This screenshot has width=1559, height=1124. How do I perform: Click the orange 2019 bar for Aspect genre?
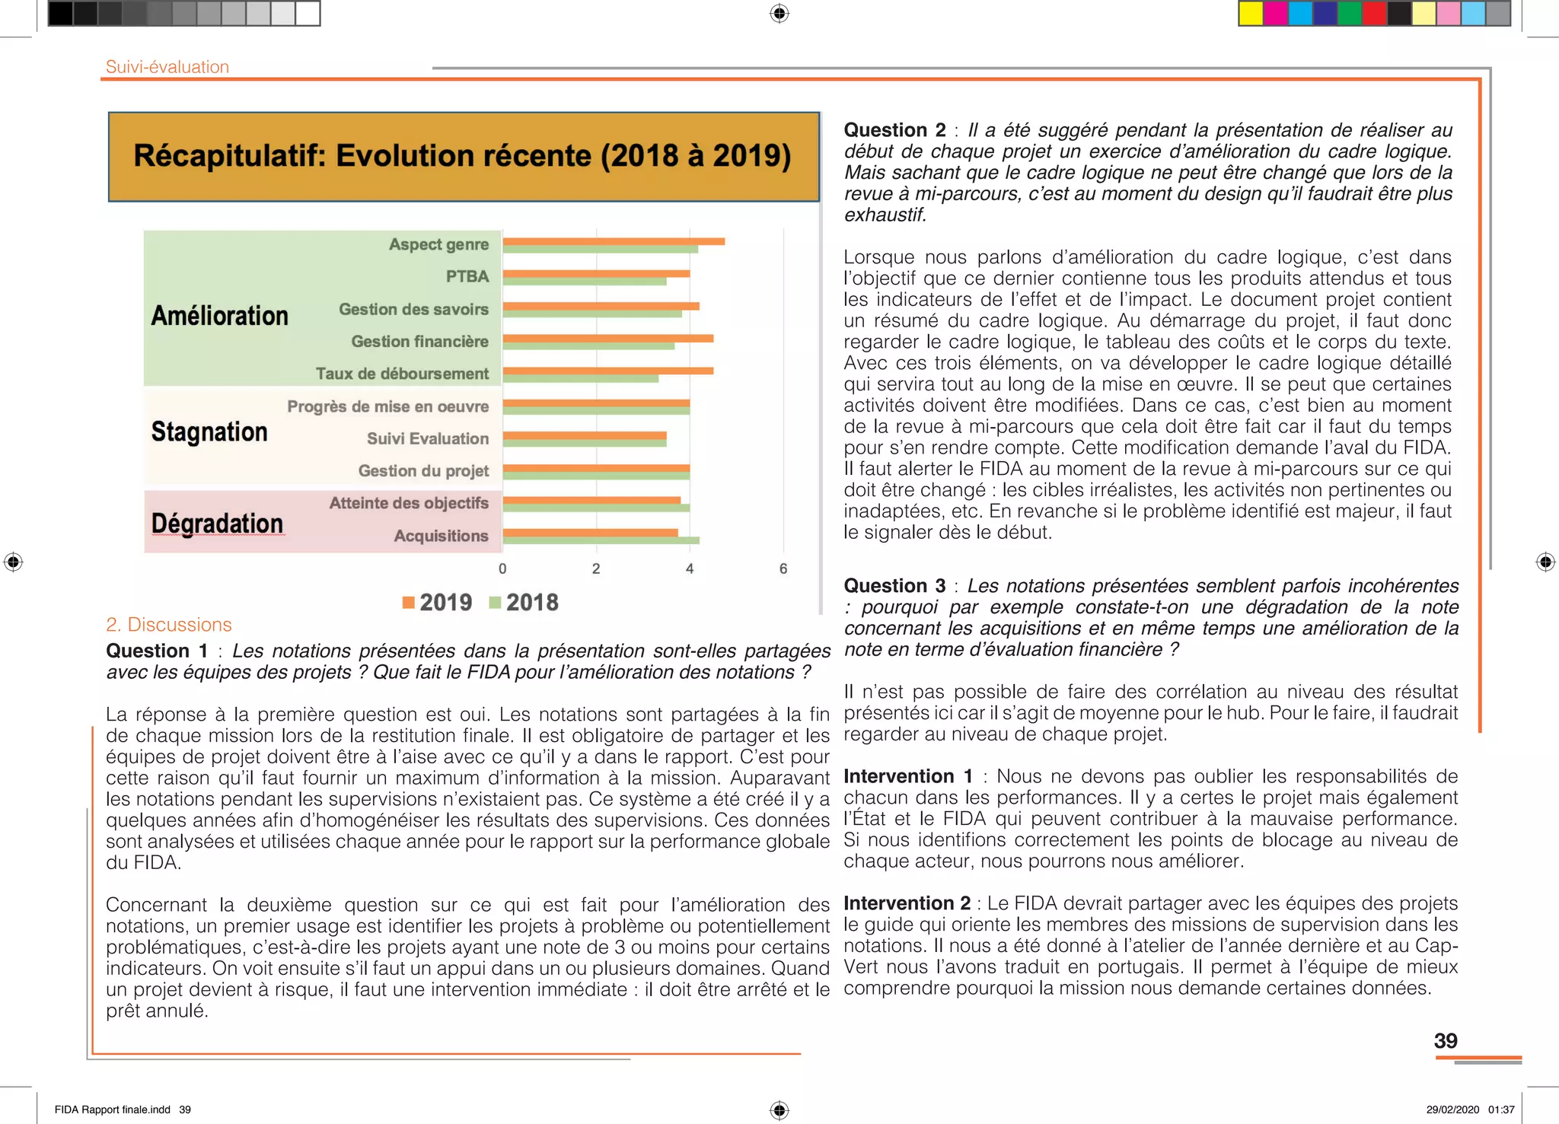[x=614, y=241]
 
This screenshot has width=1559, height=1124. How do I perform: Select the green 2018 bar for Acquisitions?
[x=601, y=540]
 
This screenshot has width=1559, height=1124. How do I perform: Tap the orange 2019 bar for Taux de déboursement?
[x=607, y=371]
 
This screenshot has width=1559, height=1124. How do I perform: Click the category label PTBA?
[x=467, y=276]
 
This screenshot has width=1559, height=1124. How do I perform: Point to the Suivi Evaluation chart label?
[x=427, y=438]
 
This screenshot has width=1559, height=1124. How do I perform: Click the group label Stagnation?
[x=209, y=431]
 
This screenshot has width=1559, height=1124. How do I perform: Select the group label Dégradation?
[x=217, y=524]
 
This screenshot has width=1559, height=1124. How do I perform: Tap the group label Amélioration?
[x=219, y=315]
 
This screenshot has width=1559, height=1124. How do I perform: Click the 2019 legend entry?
[x=437, y=603]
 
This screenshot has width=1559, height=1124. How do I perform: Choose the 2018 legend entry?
[x=524, y=603]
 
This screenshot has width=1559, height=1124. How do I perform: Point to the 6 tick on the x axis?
[x=783, y=568]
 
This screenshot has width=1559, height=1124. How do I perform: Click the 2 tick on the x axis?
[x=596, y=568]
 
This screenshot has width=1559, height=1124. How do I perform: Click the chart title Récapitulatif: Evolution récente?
[x=462, y=156]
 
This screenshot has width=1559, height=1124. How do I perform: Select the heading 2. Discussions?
[x=168, y=625]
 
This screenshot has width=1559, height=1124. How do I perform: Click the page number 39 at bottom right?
[x=1445, y=1040]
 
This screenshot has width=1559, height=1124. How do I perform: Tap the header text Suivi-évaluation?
[x=167, y=67]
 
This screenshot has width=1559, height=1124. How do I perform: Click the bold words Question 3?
[x=894, y=586]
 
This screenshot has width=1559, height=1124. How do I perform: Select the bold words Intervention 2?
[x=906, y=903]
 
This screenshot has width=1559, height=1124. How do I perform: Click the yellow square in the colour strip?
[x=1250, y=14]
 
